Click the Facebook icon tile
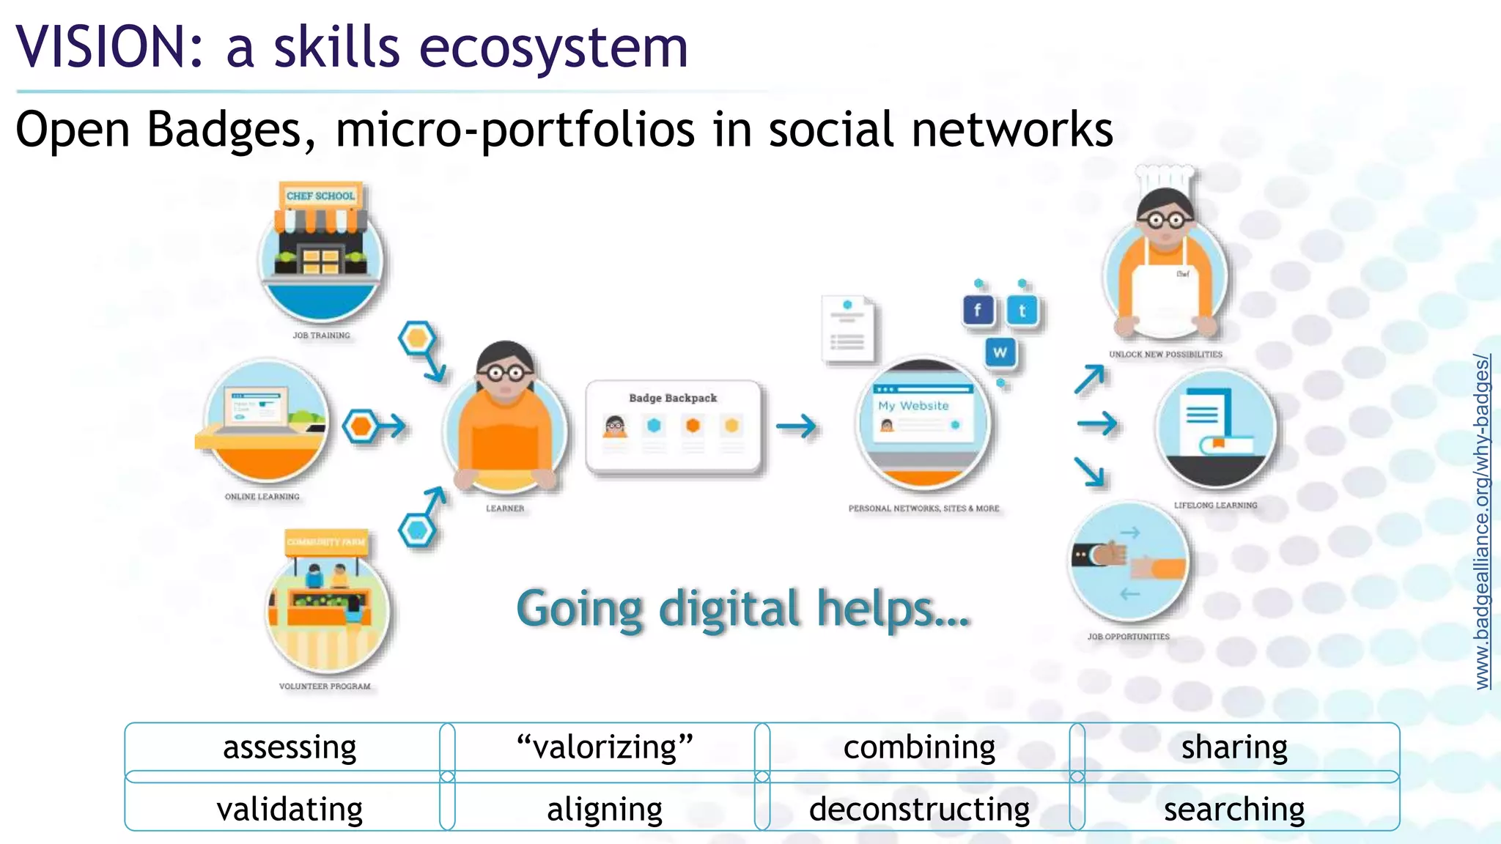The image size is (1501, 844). [x=978, y=311]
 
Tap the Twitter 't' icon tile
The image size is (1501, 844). [x=1022, y=311]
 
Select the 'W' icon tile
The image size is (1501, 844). [x=1000, y=352]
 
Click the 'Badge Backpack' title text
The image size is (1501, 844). [x=673, y=398]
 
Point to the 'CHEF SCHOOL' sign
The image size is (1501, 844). [x=320, y=196]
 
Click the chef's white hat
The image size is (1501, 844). [x=1165, y=179]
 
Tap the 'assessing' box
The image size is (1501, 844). [x=289, y=747]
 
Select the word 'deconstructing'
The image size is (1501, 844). [x=919, y=810]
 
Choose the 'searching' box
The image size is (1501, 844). [x=1234, y=810]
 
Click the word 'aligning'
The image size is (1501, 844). [x=605, y=810]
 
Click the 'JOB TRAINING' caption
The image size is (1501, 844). [x=321, y=336]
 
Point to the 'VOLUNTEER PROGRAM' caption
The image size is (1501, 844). [x=325, y=686]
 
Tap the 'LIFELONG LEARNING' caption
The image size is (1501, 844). [x=1215, y=505]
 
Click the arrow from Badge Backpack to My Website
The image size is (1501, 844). [x=797, y=426]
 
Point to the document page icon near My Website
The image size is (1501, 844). [x=848, y=329]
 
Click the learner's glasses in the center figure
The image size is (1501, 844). [x=505, y=373]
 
